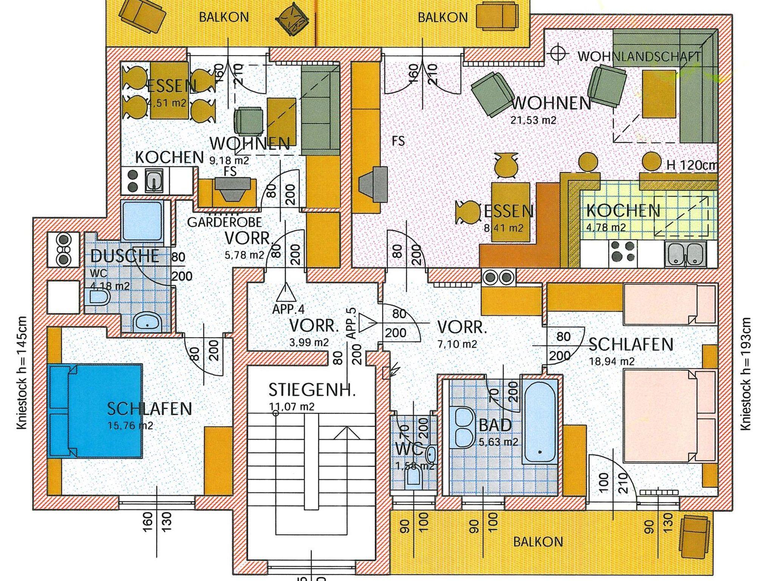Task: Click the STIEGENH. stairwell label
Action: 312,390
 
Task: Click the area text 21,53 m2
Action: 533,120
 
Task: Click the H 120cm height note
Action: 691,165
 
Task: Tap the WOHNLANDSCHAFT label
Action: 639,57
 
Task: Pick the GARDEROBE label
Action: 224,222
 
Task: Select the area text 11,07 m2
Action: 291,407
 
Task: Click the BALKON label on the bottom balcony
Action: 538,542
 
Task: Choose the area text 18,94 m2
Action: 611,362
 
